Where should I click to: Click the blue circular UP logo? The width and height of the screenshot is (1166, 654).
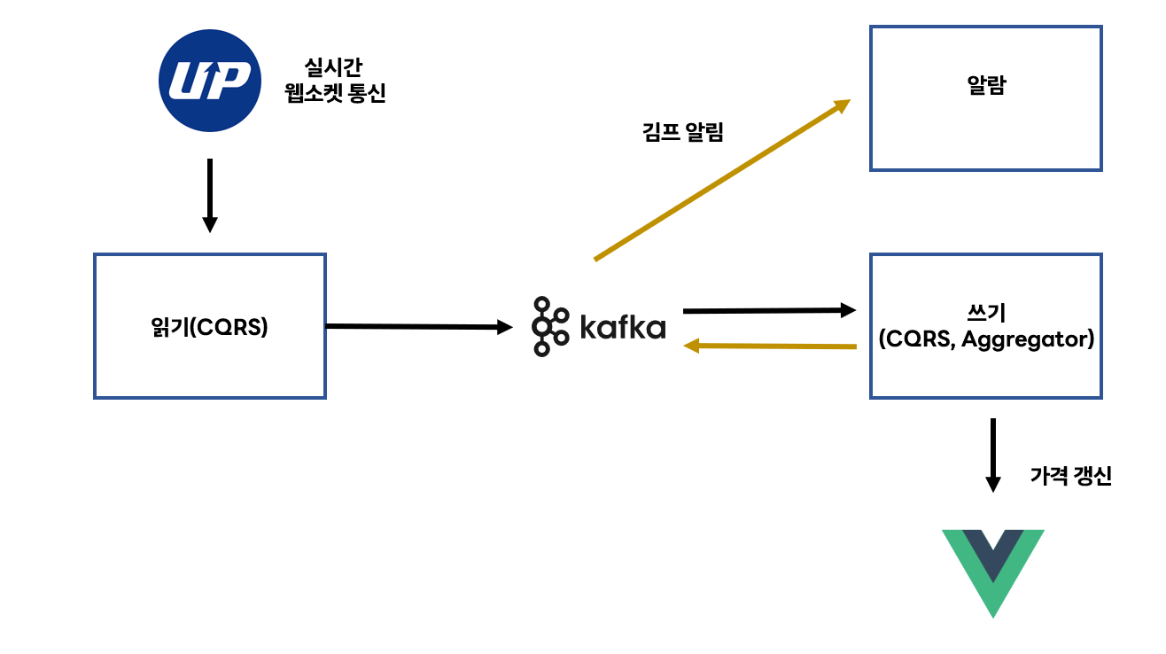(x=210, y=81)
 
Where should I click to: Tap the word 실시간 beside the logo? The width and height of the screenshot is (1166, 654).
(x=333, y=67)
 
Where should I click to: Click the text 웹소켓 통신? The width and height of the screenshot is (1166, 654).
(x=335, y=93)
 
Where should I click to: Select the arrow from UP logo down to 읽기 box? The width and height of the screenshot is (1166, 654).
(x=210, y=196)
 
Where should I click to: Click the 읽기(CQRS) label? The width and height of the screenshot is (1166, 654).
(x=209, y=327)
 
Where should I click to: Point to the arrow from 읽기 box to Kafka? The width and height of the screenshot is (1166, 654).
(x=419, y=327)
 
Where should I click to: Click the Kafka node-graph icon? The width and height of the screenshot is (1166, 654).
(x=550, y=326)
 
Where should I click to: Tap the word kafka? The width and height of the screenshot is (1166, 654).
(x=623, y=327)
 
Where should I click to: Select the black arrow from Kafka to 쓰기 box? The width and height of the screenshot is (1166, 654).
(x=769, y=310)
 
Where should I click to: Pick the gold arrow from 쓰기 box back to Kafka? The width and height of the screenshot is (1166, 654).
(x=770, y=346)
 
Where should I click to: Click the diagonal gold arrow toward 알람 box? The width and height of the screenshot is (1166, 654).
(x=722, y=180)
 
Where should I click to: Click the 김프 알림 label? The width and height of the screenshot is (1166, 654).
(x=683, y=132)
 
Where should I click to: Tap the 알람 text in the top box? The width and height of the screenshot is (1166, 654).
(x=986, y=85)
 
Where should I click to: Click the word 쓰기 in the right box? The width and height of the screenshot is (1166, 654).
(x=986, y=313)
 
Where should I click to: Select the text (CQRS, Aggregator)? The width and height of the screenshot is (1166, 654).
(x=986, y=339)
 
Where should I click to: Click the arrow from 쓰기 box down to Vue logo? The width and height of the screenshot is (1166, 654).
(x=993, y=455)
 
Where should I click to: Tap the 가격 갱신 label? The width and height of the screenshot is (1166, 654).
(x=1070, y=476)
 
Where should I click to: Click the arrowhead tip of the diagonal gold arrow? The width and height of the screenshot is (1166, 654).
(x=851, y=99)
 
